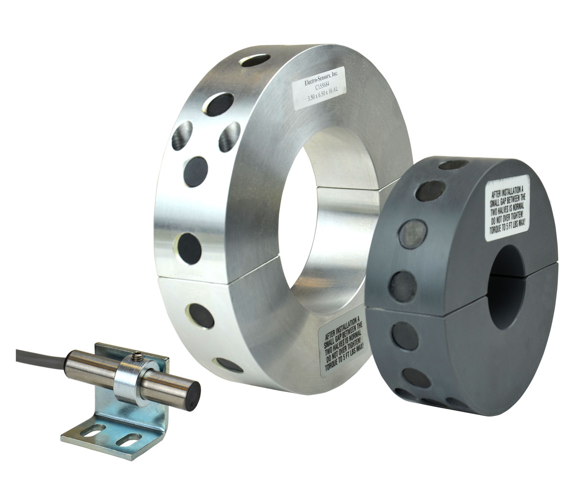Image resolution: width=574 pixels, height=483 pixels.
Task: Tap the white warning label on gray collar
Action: click(x=507, y=208)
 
